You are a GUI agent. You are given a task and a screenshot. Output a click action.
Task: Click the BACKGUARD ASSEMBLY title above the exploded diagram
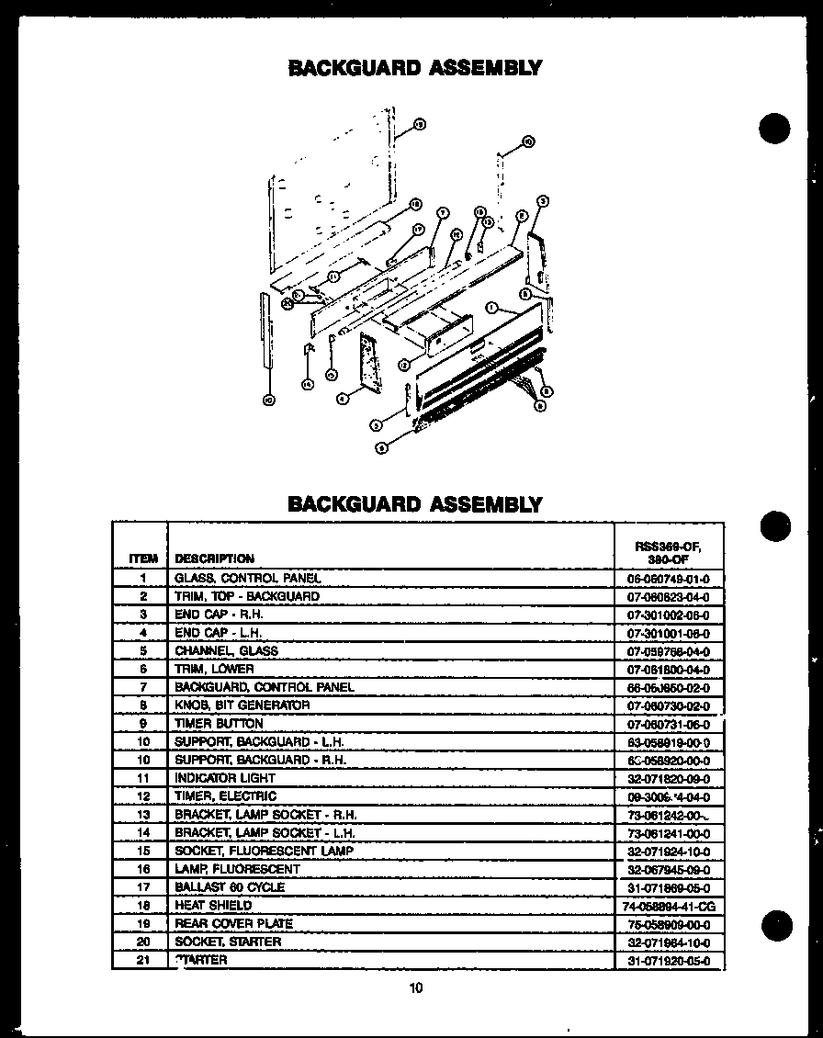415,68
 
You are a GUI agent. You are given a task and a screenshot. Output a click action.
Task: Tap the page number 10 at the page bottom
416,988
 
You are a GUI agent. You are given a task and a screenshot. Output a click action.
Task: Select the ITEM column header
142,558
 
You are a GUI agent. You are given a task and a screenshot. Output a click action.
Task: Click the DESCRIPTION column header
214,558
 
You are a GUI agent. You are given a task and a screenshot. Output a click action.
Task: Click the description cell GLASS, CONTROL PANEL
247,579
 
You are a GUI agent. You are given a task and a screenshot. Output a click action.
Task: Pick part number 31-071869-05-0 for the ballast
668,888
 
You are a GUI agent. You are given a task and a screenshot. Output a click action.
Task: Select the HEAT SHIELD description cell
212,906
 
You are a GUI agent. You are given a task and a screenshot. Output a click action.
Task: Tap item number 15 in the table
142,852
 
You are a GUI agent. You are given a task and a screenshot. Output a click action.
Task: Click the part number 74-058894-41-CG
668,907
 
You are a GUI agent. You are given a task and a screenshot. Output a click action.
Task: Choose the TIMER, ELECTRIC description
225,796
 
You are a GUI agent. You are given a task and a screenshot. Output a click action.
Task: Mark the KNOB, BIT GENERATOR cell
242,705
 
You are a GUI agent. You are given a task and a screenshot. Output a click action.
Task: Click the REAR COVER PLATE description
233,924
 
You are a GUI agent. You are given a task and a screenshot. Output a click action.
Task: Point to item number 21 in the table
142,960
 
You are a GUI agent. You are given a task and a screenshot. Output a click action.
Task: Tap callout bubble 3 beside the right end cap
542,201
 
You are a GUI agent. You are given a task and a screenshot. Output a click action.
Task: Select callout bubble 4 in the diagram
341,399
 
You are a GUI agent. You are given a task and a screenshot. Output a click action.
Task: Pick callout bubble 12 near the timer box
403,366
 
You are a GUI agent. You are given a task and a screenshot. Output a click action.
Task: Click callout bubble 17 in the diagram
416,229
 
